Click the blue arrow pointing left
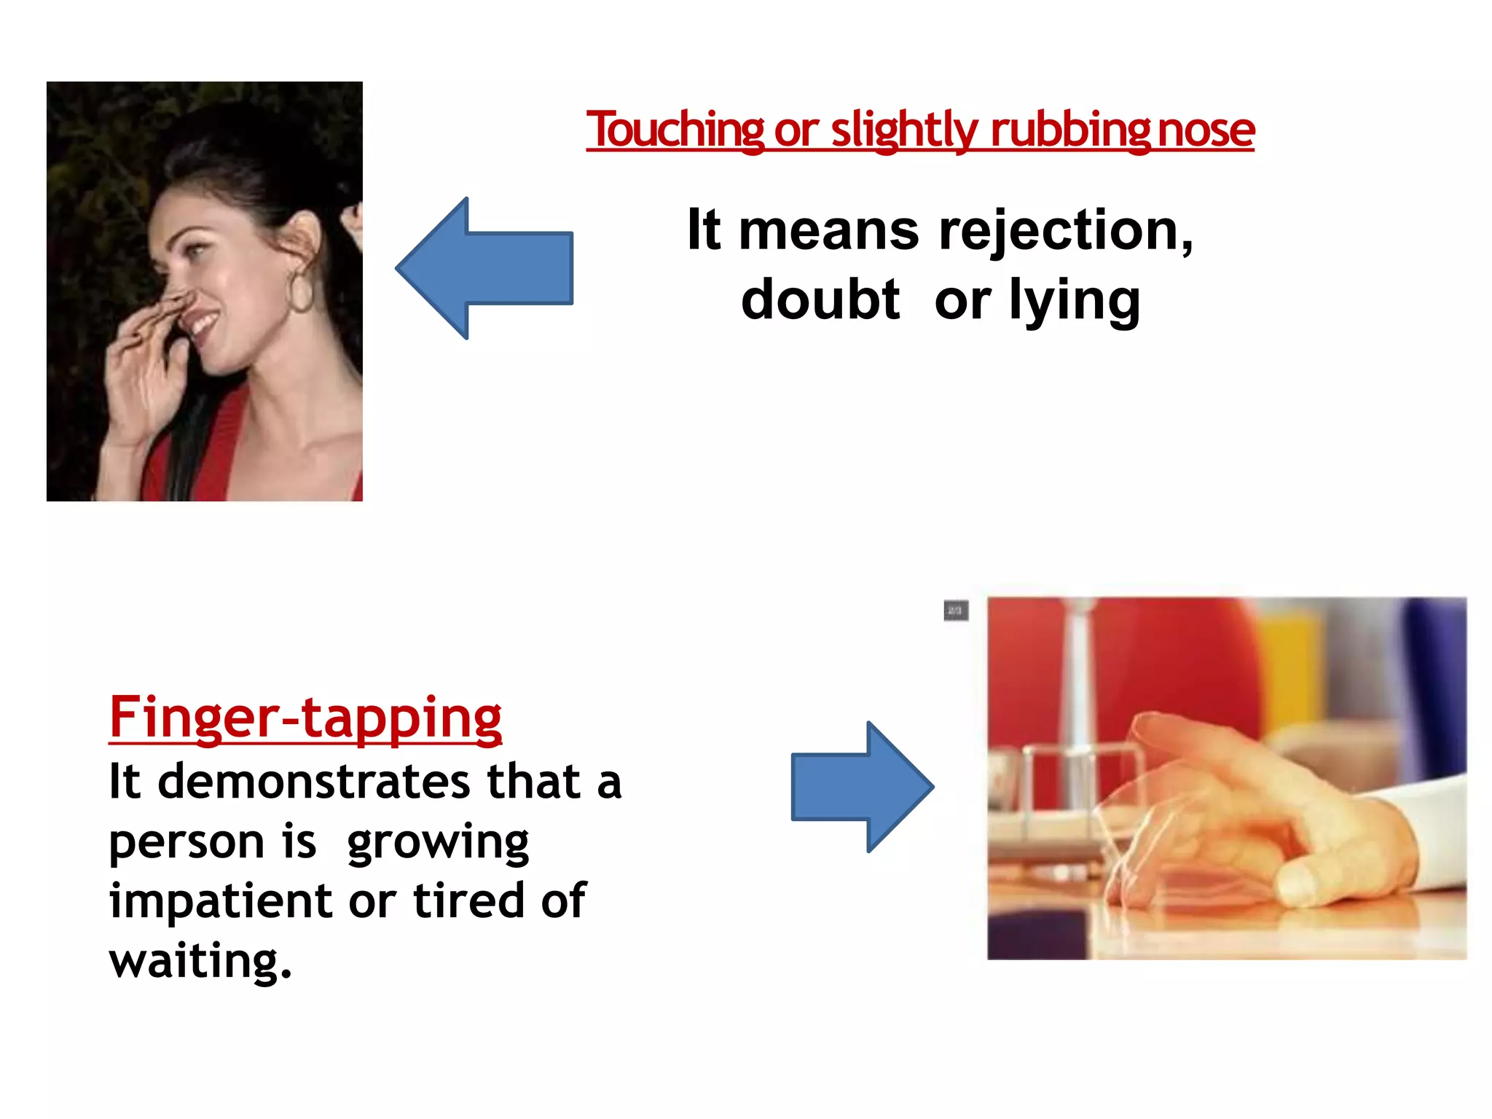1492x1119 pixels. click(484, 268)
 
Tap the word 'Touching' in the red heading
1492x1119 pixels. click(675, 130)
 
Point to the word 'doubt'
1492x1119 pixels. click(820, 299)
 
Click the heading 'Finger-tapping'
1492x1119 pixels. click(305, 718)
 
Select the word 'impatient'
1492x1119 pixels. click(221, 900)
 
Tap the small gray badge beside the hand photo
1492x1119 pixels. click(956, 610)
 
